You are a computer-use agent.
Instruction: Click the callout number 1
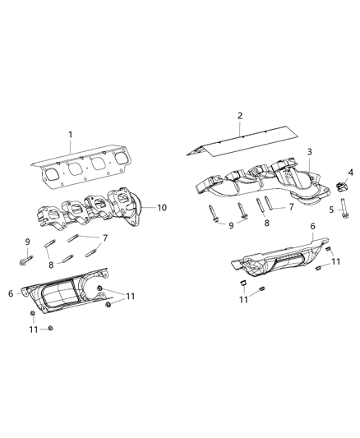click(x=71, y=134)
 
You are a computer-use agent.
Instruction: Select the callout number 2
click(x=240, y=115)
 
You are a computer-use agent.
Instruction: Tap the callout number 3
click(x=309, y=152)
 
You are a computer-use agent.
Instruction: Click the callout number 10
click(x=161, y=207)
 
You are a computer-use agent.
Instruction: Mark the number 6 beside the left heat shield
click(x=10, y=293)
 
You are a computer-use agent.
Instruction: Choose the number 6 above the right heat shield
click(x=312, y=225)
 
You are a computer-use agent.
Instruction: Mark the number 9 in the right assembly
click(x=232, y=224)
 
